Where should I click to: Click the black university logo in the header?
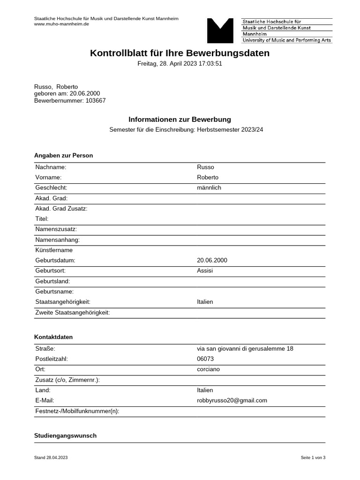click(220, 31)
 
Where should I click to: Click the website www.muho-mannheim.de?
click(61, 24)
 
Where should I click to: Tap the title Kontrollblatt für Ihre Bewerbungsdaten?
click(180, 53)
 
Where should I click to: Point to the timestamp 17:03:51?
click(210, 64)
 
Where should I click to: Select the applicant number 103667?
click(96, 100)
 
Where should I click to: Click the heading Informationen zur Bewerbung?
click(180, 120)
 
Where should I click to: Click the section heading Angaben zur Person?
click(63, 156)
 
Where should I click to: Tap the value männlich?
click(209, 187)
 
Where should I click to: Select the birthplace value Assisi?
click(205, 270)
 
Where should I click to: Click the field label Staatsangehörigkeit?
click(63, 302)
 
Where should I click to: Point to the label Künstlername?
click(54, 250)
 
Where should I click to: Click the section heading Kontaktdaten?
click(53, 337)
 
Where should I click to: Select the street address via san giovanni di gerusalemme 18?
click(245, 348)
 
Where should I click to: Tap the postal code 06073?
click(205, 359)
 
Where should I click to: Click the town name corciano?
click(208, 369)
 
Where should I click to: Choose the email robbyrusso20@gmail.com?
click(232, 400)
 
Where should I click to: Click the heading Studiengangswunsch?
click(65, 435)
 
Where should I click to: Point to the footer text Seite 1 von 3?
click(313, 457)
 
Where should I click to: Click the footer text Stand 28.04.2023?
click(51, 457)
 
